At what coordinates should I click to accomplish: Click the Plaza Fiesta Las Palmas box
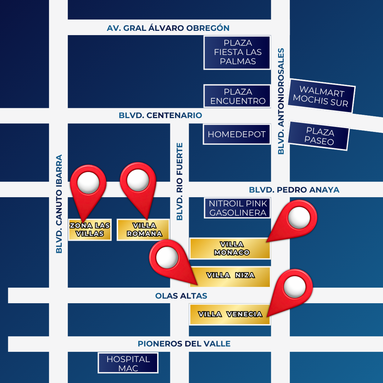[238, 52]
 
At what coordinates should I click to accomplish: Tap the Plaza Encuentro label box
[238, 96]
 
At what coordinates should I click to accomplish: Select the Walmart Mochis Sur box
[322, 96]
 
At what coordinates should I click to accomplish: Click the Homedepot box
[237, 134]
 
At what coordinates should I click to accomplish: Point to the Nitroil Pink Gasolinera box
[238, 208]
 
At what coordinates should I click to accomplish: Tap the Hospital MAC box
[128, 363]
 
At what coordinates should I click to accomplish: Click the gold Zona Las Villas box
[90, 230]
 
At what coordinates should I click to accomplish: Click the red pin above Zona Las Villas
[88, 184]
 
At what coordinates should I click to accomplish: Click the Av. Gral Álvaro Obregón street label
[168, 28]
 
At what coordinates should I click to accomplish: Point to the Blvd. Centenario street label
[160, 115]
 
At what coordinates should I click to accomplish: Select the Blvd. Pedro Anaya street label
[294, 190]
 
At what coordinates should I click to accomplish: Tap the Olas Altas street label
[181, 296]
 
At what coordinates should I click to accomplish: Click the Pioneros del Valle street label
[184, 344]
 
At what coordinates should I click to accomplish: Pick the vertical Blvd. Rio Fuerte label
[180, 181]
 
